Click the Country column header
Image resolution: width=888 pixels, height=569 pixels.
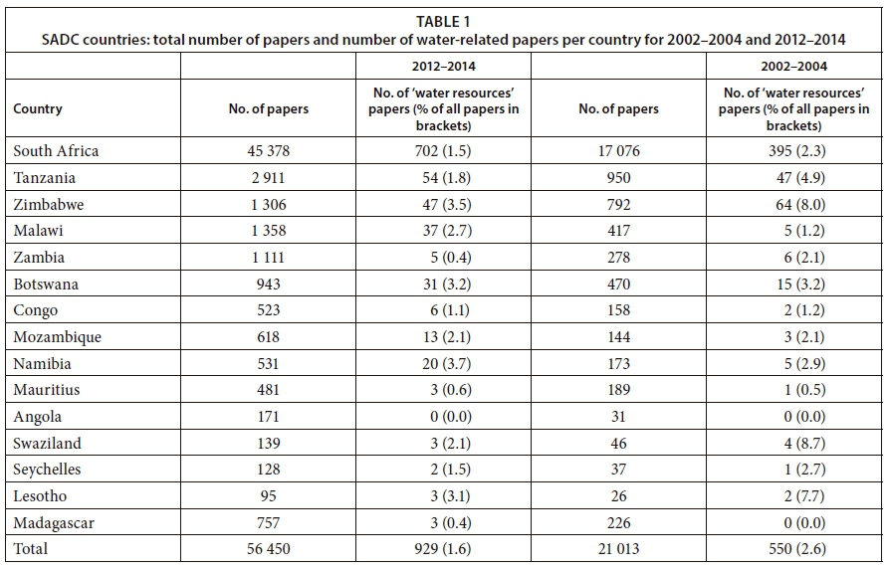pos(38,109)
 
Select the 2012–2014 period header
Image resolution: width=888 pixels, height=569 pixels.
pos(443,67)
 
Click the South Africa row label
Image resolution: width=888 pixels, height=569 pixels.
pos(56,151)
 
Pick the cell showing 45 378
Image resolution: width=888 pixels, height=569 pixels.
pos(269,151)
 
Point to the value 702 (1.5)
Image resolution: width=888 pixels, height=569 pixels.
pos(443,151)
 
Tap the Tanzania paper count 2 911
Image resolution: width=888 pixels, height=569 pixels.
pos(269,178)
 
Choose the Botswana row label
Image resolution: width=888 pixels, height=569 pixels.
pos(46,284)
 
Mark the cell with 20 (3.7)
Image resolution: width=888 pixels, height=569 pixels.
pos(443,363)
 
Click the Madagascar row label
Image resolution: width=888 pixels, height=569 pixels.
pos(53,522)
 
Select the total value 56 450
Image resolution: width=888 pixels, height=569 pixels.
pos(269,548)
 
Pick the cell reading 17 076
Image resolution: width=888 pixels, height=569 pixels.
pos(618,151)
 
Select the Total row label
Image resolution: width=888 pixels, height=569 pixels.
pos(31,548)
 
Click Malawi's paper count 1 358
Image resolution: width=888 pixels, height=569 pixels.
pos(269,231)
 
